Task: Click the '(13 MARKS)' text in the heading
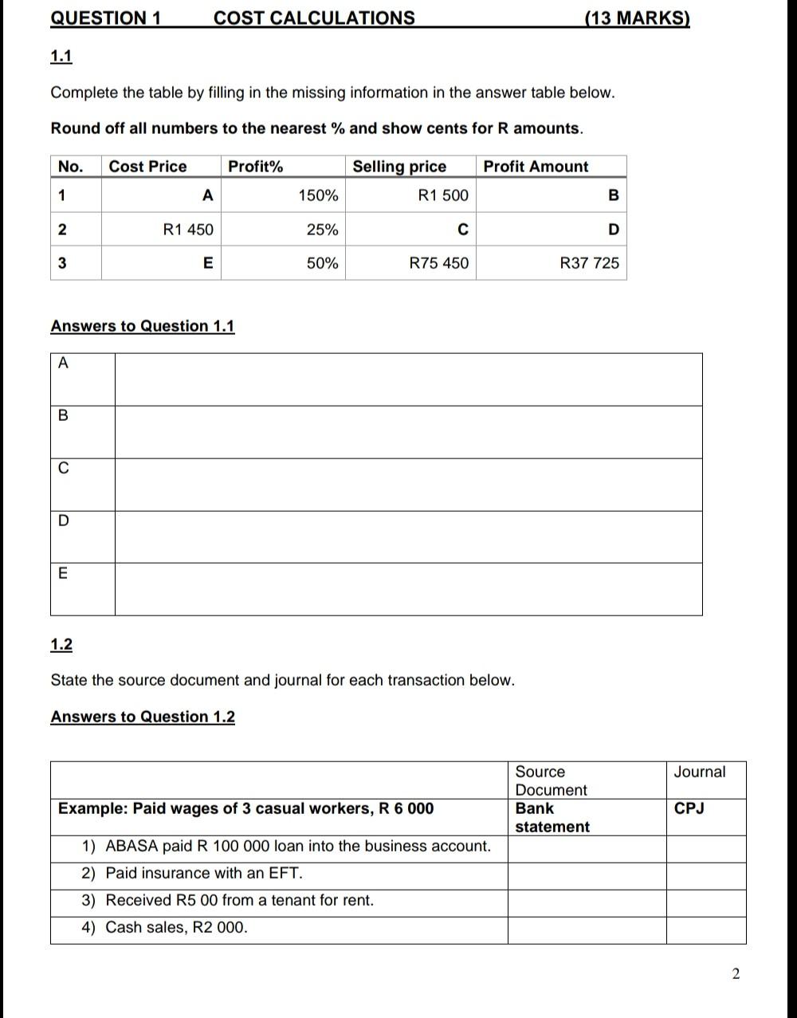click(x=637, y=18)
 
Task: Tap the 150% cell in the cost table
click(x=318, y=195)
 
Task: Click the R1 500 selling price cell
click(x=443, y=195)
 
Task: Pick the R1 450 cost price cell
click(x=188, y=230)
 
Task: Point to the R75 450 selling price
click(x=439, y=263)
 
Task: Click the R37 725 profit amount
click(x=589, y=263)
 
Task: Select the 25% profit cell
click(x=322, y=230)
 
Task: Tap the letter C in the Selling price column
click(x=462, y=230)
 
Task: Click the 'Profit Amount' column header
click(x=536, y=167)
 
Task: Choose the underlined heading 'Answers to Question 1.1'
click(x=143, y=326)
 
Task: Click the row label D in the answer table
click(x=64, y=521)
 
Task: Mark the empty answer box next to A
click(x=408, y=380)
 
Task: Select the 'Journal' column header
click(x=699, y=772)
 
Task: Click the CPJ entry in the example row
click(x=689, y=808)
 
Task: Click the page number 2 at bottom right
click(x=736, y=973)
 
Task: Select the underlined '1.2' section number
click(x=61, y=644)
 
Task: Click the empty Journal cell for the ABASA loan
click(x=705, y=847)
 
